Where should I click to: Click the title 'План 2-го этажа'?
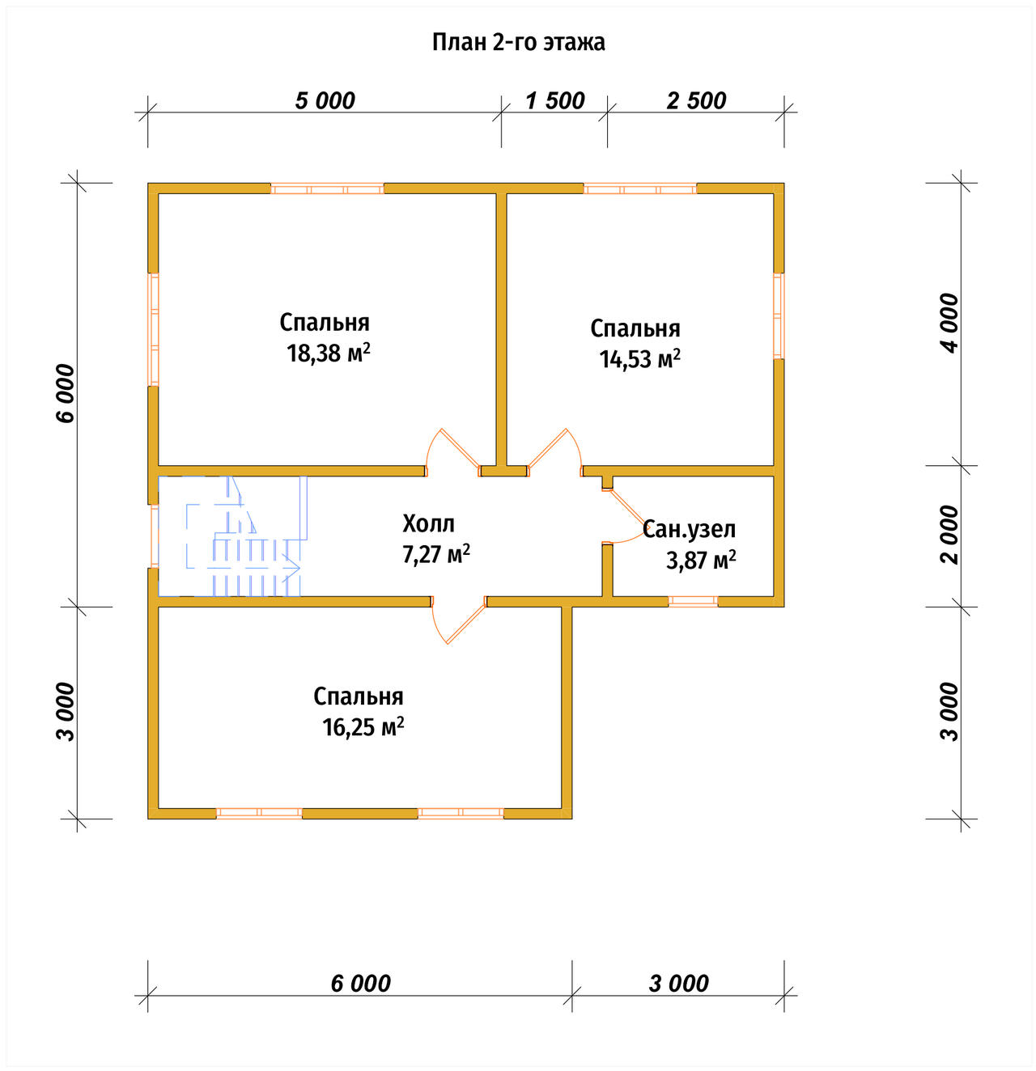(x=518, y=42)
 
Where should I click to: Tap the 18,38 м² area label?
(x=329, y=353)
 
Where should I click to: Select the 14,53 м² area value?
(x=639, y=359)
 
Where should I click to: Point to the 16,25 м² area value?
(x=363, y=726)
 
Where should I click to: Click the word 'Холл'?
(x=428, y=523)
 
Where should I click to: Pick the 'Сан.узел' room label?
(x=689, y=529)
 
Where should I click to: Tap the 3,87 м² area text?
(x=701, y=561)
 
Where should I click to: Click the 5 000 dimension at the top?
(x=325, y=101)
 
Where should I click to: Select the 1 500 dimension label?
(x=554, y=101)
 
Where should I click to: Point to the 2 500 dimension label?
(x=696, y=101)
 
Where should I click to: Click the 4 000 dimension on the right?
(x=949, y=323)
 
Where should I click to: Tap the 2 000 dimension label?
(x=949, y=535)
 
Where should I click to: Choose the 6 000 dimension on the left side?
(x=65, y=393)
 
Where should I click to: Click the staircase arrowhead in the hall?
(x=293, y=567)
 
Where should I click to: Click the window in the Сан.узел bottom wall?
(x=694, y=602)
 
